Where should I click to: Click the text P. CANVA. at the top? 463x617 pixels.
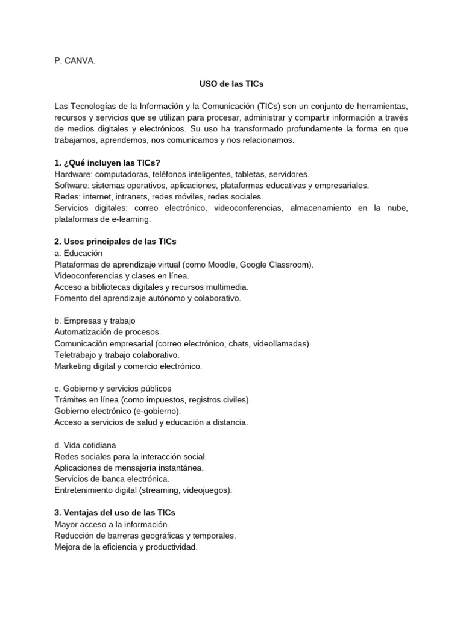75,61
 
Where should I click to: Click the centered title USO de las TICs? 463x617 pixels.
231,84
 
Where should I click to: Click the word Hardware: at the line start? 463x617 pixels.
74,174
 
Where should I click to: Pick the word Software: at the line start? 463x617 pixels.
72,186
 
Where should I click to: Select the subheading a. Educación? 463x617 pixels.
78,253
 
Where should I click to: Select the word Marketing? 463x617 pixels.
72,366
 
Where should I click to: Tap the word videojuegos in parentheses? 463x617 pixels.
207,490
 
